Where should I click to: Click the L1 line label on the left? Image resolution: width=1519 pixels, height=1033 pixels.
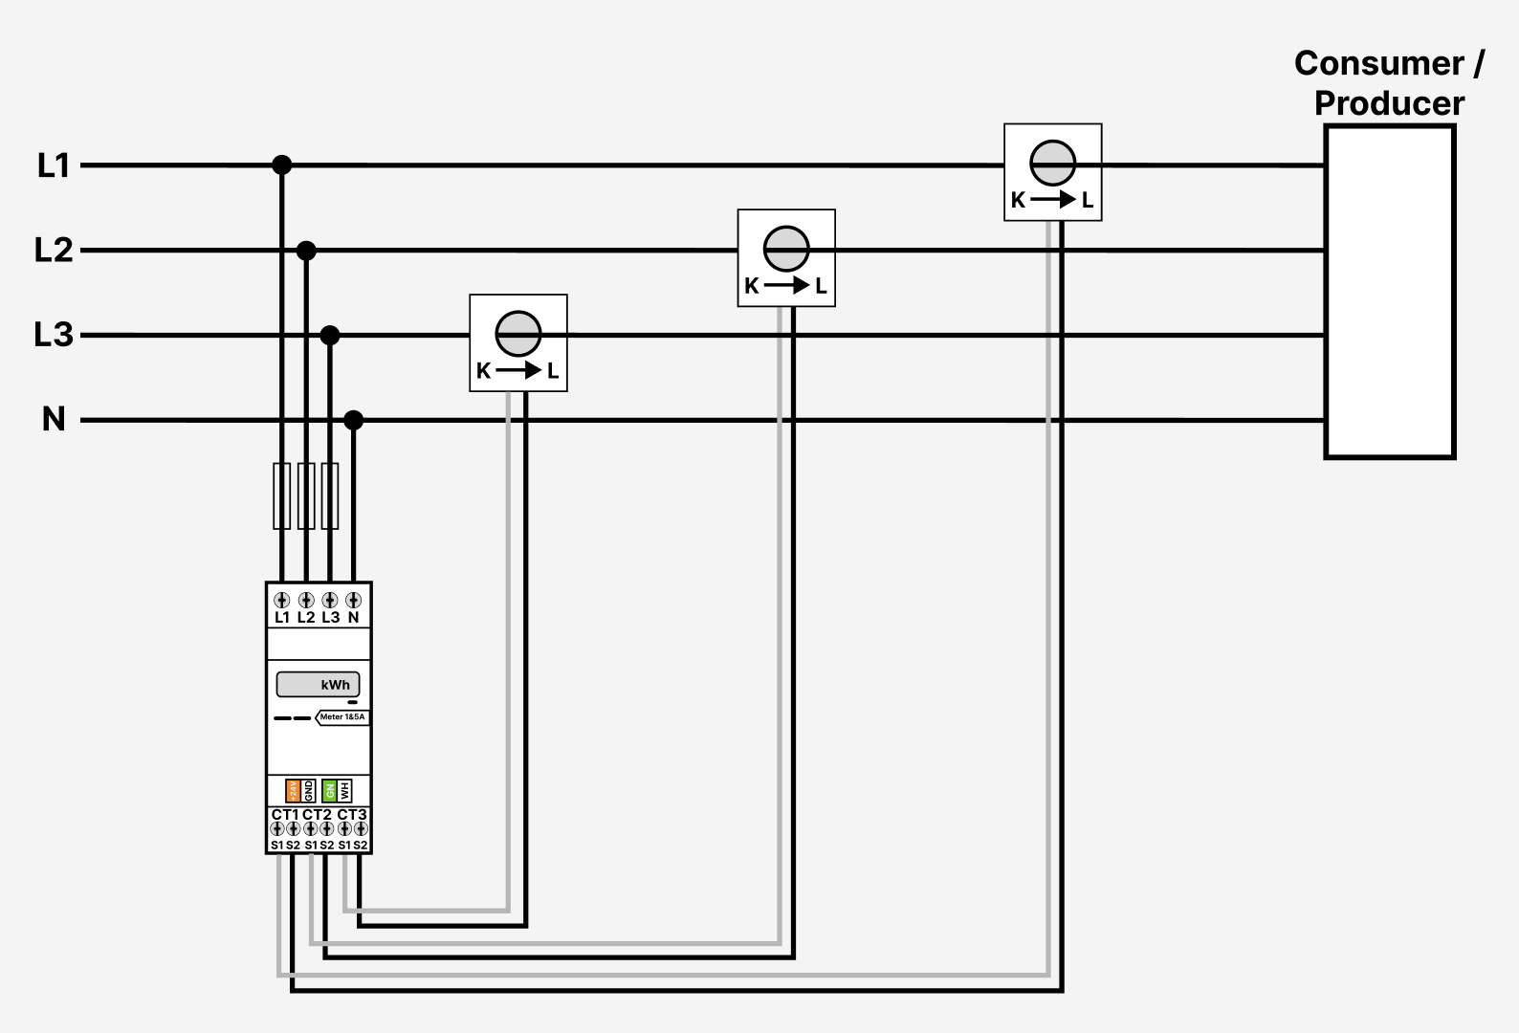[x=54, y=166]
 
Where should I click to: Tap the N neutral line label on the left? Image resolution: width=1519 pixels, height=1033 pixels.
[x=54, y=420]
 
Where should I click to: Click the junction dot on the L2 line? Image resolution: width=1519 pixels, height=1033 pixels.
[x=306, y=251]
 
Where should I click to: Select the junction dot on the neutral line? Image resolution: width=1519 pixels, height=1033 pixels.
[x=354, y=420]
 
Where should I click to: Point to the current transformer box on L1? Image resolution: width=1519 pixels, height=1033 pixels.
[x=1052, y=172]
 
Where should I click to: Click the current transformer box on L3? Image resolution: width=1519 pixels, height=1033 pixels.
[x=518, y=342]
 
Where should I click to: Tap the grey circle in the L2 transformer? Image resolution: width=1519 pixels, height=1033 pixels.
[x=786, y=250]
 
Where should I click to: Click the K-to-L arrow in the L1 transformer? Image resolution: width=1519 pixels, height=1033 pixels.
[x=1053, y=201]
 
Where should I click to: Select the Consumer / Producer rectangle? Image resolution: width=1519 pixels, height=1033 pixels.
[x=1390, y=292]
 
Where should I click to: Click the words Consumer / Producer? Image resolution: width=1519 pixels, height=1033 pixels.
[x=1389, y=83]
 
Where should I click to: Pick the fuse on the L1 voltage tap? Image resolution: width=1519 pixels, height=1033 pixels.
[x=282, y=495]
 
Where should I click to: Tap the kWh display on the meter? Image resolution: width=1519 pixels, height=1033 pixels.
[x=318, y=685]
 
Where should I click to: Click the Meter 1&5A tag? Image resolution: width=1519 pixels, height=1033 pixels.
[x=341, y=717]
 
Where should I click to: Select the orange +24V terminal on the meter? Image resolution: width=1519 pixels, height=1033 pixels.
[x=294, y=791]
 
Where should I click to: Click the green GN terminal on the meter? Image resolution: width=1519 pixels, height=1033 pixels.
[x=329, y=791]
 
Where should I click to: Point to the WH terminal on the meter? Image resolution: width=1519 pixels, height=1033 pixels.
[x=344, y=791]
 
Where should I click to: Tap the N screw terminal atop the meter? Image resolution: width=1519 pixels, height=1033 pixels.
[x=354, y=601]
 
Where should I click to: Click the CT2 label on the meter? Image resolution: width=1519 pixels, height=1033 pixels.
[x=318, y=815]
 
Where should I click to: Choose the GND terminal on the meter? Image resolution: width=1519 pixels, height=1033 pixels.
[x=308, y=791]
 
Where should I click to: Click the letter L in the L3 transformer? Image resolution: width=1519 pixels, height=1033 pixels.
[x=553, y=371]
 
